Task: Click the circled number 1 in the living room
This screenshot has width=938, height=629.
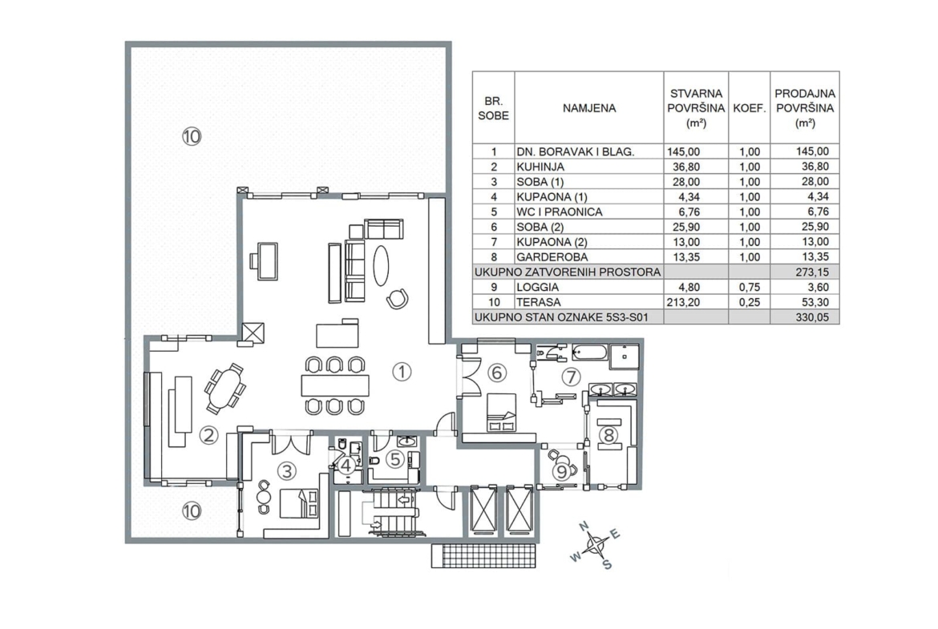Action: point(402,372)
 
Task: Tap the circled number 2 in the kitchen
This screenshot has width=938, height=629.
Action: point(208,435)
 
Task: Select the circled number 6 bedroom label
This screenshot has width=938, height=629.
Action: point(497,373)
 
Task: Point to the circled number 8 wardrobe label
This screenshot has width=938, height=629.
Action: point(609,435)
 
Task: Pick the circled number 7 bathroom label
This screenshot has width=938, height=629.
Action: point(572,377)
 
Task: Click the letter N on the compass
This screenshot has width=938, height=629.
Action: point(584,526)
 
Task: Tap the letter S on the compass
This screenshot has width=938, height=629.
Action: point(607,564)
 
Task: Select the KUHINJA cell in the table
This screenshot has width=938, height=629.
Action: point(540,167)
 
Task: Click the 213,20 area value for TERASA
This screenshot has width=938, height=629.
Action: point(683,302)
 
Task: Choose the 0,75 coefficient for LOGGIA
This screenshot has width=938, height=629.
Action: point(749,287)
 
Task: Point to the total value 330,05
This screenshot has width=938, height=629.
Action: point(812,317)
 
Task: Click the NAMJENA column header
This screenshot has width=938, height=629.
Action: point(588,108)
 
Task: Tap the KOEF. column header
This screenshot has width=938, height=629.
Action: point(749,109)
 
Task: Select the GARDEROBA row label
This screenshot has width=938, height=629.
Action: point(552,257)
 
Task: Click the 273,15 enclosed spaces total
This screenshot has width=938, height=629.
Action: point(812,272)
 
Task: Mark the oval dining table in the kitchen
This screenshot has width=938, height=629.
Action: point(225,389)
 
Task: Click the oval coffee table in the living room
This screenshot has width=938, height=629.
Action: point(381,266)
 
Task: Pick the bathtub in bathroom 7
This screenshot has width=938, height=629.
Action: point(590,352)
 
